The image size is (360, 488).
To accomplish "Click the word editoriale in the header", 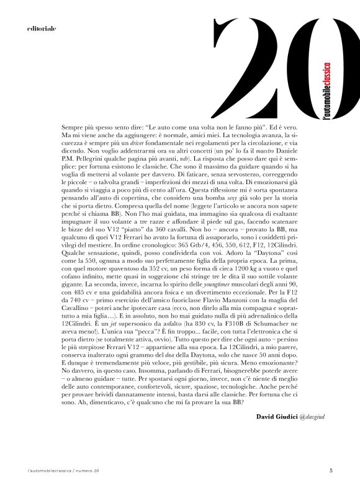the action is tap(42, 29).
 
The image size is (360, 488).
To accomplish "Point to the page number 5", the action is tap(331, 469).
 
